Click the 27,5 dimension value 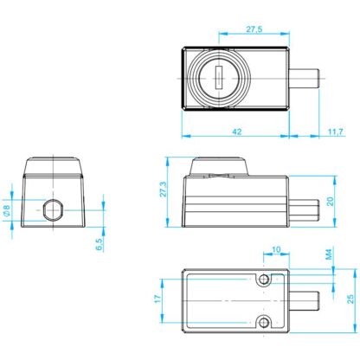pyautogui.click(x=254, y=29)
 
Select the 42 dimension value pyautogui.click(x=237, y=132)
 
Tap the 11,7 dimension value pyautogui.click(x=336, y=132)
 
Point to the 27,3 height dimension pyautogui.click(x=164, y=190)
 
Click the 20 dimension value pyautogui.click(x=330, y=202)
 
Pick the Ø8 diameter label pyautogui.click(x=7, y=210)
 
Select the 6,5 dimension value pyautogui.click(x=99, y=244)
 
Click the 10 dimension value pyautogui.click(x=276, y=249)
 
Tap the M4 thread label pyautogui.click(x=329, y=254)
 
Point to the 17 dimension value pyautogui.click(x=157, y=299)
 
